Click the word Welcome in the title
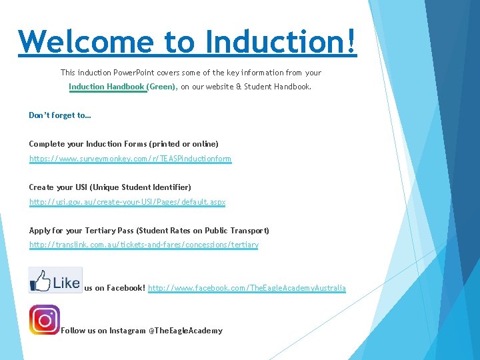[x=86, y=41]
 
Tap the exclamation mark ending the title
[x=351, y=41]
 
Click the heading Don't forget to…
[x=60, y=115]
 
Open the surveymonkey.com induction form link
[x=130, y=159]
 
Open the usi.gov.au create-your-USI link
[x=127, y=202]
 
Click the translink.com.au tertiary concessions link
[x=143, y=245]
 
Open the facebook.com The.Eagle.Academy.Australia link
[x=247, y=288]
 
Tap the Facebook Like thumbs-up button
[x=55, y=280]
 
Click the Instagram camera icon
[x=45, y=320]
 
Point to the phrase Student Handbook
[x=280, y=87]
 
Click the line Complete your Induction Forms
[x=123, y=144]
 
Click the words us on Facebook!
[x=114, y=288]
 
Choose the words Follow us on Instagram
[x=103, y=331]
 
